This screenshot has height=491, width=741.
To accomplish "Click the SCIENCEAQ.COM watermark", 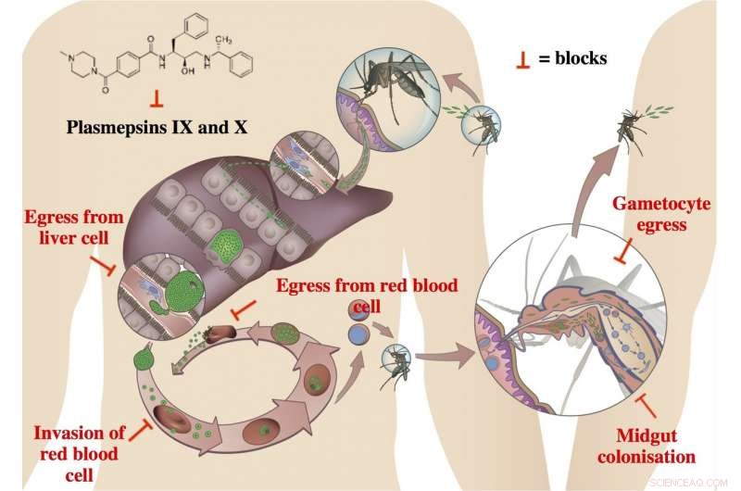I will [701, 480].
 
